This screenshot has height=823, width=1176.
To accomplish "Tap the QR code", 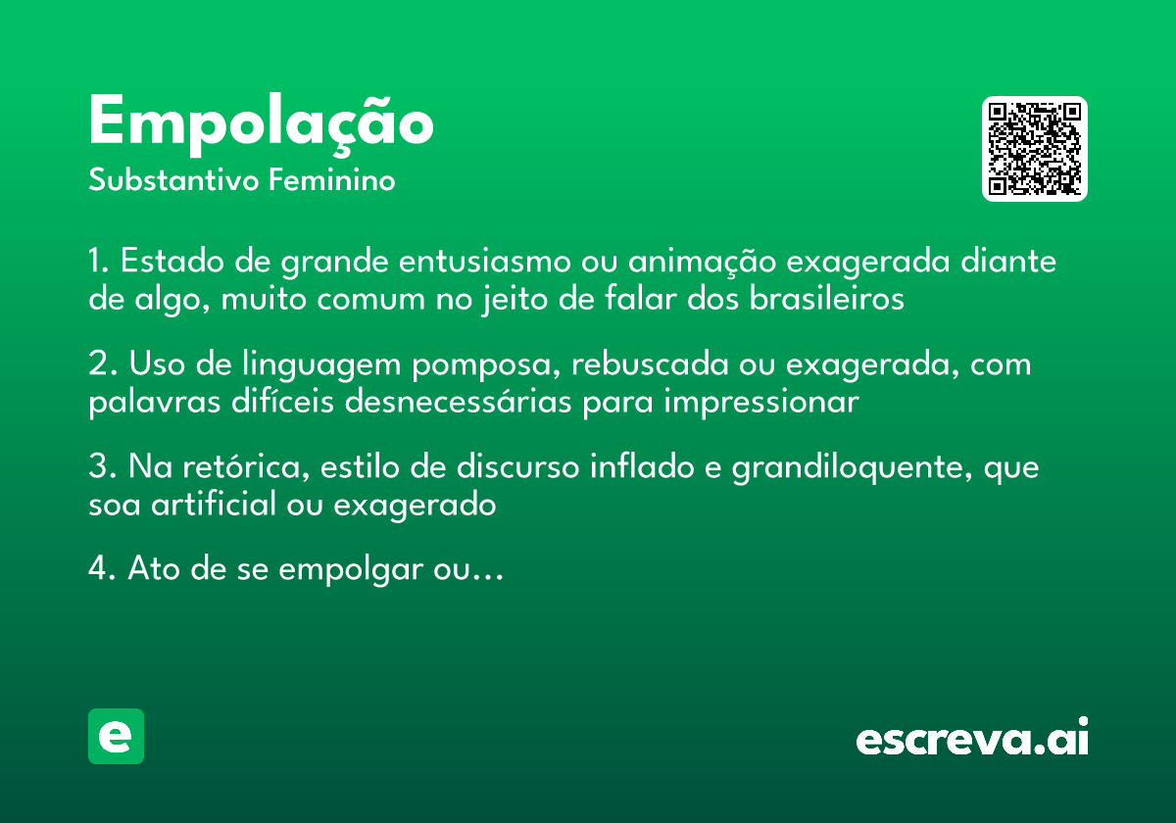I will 1035,149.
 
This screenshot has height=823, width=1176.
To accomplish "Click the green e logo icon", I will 116,736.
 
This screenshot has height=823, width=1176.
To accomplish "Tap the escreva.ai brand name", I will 972,739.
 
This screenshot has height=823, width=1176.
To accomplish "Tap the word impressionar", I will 761,402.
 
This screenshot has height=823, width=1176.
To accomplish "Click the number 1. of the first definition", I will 99,263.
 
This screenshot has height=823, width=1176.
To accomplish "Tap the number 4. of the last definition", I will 100,569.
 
